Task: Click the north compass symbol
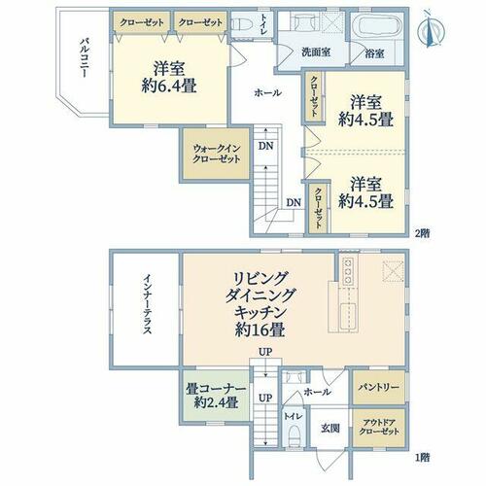coord(432,29)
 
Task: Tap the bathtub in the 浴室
coord(378,27)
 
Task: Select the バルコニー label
coord(85,58)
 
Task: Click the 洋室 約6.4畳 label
coord(169,77)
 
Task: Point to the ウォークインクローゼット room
coord(216,154)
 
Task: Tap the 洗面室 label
coord(316,52)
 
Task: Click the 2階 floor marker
coord(423,233)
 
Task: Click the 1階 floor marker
coord(423,458)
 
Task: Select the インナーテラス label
coord(147,304)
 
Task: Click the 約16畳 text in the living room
coord(260,330)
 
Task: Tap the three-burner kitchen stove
coord(348,270)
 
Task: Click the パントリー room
coord(378,388)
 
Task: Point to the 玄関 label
coord(330,428)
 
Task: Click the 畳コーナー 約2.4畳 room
coord(216,396)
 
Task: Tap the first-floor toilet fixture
coord(295,435)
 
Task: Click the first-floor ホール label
coord(317,392)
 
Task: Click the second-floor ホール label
coord(267,93)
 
